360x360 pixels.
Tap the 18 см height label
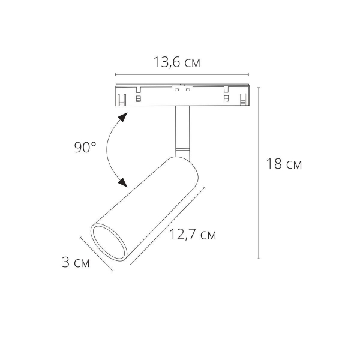tap(284, 164)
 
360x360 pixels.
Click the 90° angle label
tap(85, 148)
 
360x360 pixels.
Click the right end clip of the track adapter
tap(244, 98)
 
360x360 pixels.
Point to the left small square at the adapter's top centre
tap(176, 91)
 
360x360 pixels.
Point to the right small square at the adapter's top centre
tap(188, 91)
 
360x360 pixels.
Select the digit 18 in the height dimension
tap(274, 164)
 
